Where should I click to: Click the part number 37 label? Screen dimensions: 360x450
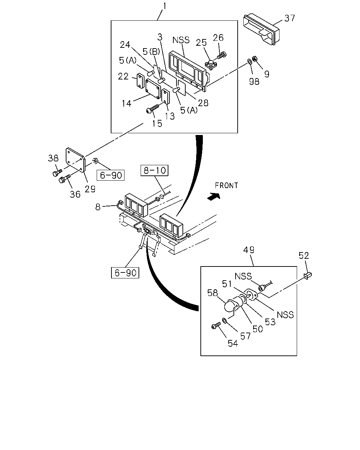pos(289,18)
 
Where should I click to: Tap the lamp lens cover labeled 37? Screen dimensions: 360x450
pos(261,29)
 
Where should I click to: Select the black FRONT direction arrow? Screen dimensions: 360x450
pos(213,196)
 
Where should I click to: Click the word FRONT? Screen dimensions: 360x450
pos(226,186)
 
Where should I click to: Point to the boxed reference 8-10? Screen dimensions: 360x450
pos(154,171)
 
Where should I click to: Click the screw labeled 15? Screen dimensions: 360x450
pos(153,109)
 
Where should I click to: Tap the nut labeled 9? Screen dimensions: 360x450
pos(255,59)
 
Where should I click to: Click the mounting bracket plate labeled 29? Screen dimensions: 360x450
pos(75,160)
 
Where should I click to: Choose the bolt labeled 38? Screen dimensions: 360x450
pos(57,173)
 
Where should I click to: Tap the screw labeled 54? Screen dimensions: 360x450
pos(216,326)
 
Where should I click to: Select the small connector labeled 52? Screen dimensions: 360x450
pos(308,276)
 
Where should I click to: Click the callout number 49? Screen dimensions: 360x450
pos(249,250)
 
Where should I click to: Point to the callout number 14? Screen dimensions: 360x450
pos(126,103)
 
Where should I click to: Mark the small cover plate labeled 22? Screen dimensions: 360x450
pos(140,81)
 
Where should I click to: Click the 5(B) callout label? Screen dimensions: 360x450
pos(151,51)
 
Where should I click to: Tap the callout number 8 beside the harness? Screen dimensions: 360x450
pos(98,207)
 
